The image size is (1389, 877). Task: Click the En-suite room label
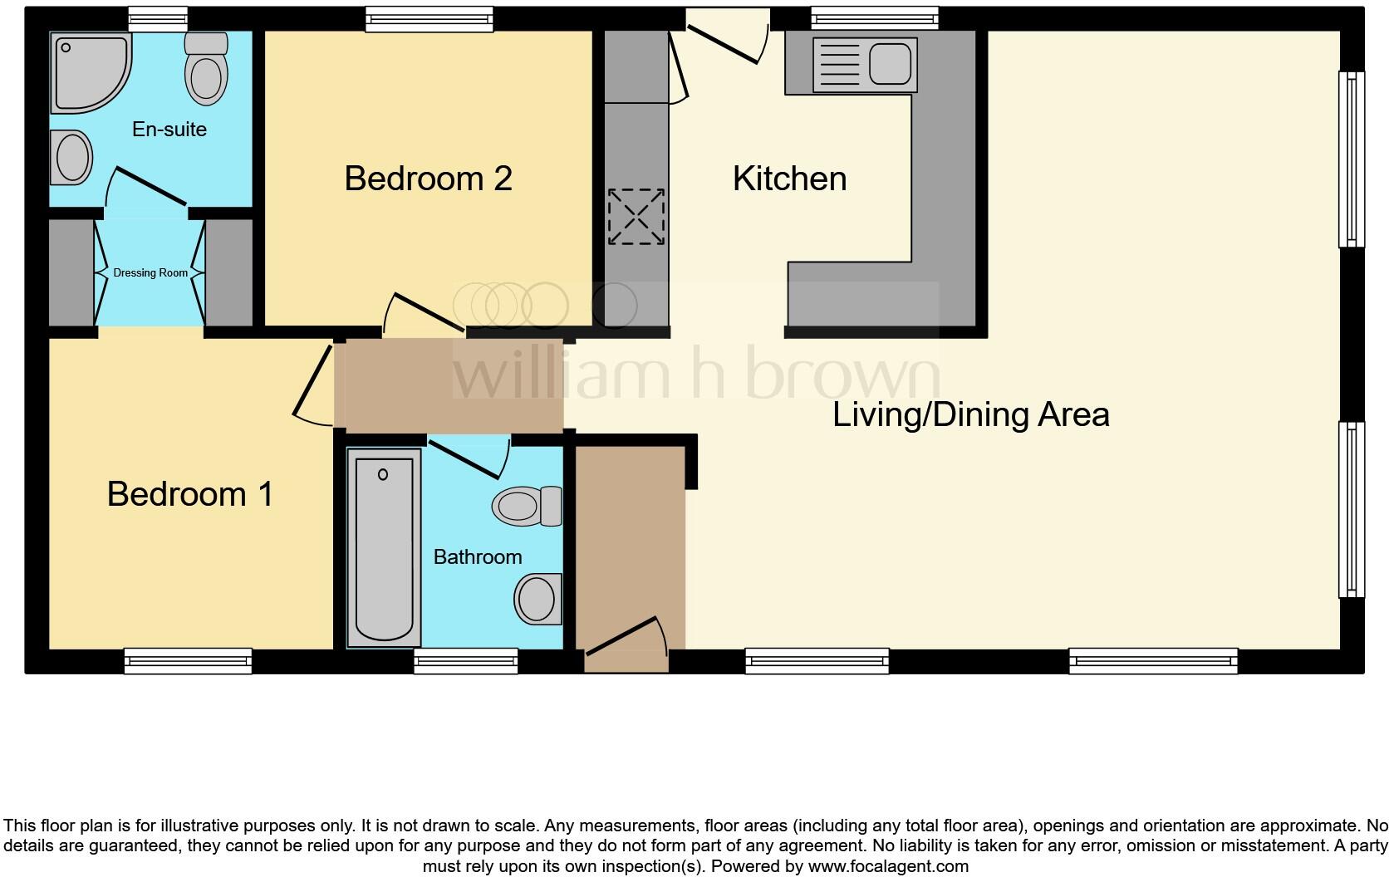[x=169, y=130]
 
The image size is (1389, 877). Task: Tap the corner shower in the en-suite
[x=87, y=71]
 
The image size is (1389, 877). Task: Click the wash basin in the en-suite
[x=71, y=158]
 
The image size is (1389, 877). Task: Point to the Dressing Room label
[x=150, y=272]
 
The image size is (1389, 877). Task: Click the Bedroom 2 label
[x=428, y=179]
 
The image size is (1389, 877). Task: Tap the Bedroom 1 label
[x=190, y=494]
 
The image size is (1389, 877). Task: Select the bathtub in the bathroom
[x=383, y=548]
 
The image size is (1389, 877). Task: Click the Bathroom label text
[x=478, y=557]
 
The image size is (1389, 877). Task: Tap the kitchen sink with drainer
[x=865, y=64]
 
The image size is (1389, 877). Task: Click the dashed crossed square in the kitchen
[x=636, y=217]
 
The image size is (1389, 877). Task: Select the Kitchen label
[x=789, y=179]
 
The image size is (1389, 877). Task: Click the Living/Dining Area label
[x=970, y=414]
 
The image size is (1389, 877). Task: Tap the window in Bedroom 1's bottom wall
[x=189, y=660]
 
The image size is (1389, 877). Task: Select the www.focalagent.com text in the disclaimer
[x=888, y=866]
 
